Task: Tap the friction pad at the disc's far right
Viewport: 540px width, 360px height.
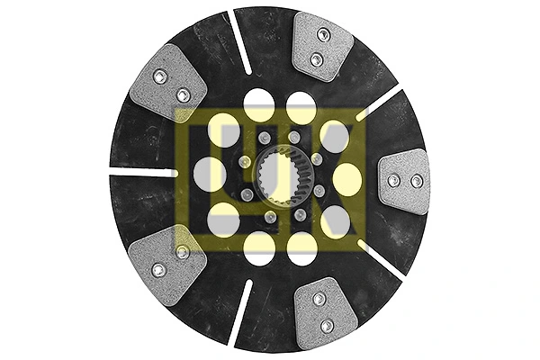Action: (x=404, y=182)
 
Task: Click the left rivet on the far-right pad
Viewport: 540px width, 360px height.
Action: (x=393, y=182)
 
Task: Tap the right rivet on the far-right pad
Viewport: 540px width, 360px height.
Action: (x=417, y=182)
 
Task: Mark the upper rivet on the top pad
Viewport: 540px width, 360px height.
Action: (x=325, y=35)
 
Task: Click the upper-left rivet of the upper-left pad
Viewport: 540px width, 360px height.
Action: (x=159, y=77)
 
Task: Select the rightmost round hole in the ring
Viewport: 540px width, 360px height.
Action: (x=347, y=179)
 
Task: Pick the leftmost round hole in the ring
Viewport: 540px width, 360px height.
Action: (x=209, y=174)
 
